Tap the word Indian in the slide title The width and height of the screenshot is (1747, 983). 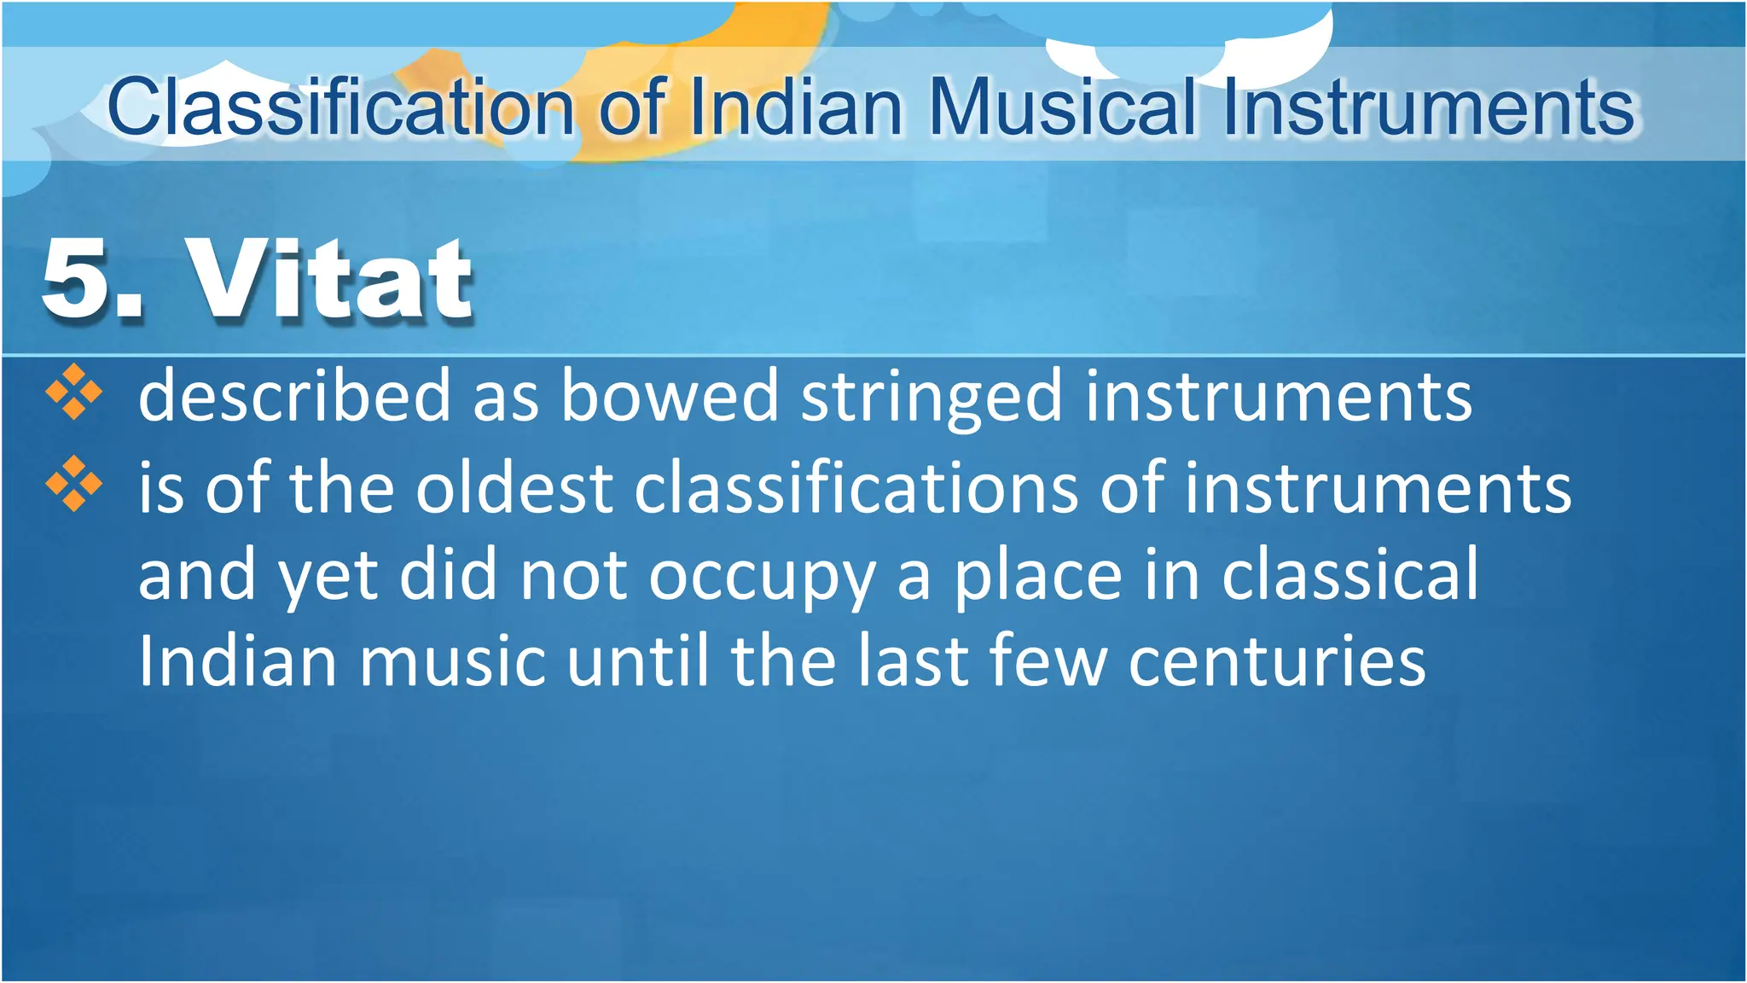click(795, 108)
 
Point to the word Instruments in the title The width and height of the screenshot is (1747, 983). click(1428, 108)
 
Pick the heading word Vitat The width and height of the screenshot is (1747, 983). click(329, 279)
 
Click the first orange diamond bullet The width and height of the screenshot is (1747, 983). click(74, 392)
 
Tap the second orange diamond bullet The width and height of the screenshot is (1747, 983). click(74, 484)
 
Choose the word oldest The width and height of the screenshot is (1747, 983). click(514, 488)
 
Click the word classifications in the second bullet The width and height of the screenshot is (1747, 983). click(856, 488)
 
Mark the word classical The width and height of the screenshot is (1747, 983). click(1350, 575)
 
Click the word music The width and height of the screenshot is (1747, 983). click(452, 661)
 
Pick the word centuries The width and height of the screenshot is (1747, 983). click(1277, 661)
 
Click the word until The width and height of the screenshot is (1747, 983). click(637, 661)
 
